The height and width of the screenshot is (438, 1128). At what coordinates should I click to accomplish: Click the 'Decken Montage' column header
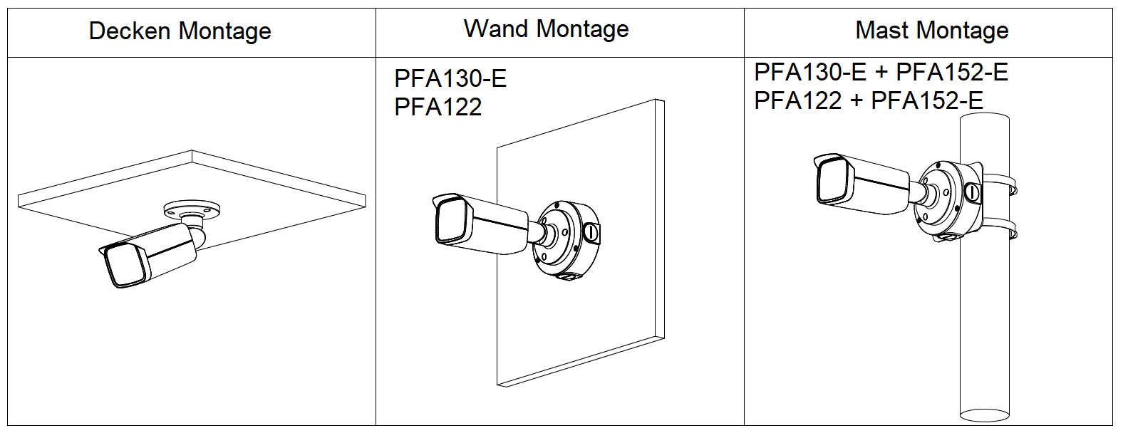click(x=180, y=31)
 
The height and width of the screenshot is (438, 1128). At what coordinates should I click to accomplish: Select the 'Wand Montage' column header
click(x=546, y=29)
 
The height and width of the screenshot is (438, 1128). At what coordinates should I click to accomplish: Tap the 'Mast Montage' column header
click(x=931, y=31)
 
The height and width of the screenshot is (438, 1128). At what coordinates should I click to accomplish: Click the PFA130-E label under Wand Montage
click(x=450, y=78)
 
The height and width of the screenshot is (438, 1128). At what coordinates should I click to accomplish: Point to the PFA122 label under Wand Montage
click(x=438, y=107)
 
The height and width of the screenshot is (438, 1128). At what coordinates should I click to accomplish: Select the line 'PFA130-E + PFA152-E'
click(x=881, y=72)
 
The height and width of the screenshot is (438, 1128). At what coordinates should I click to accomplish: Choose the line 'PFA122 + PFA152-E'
click(x=868, y=100)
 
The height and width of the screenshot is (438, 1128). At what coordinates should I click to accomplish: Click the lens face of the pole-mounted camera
click(x=832, y=181)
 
